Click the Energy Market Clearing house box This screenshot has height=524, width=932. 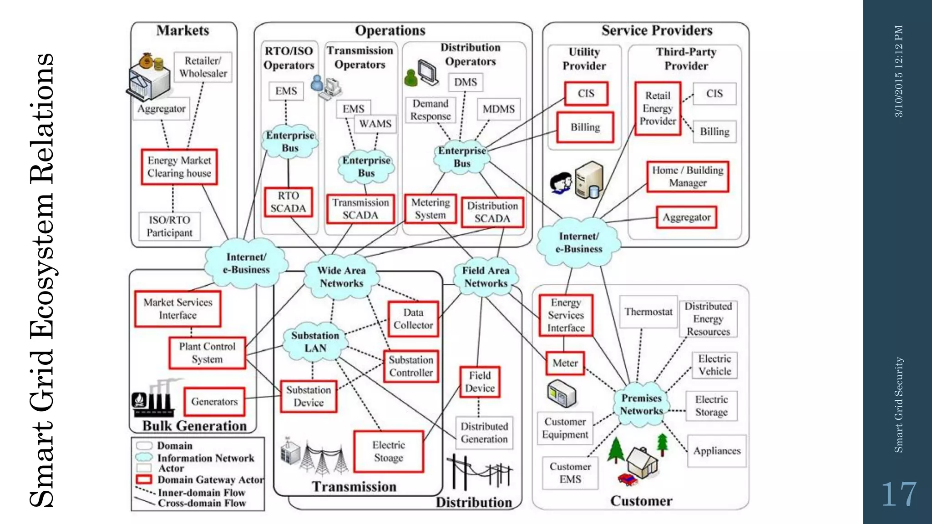pos(179,167)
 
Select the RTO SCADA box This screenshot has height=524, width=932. pos(288,202)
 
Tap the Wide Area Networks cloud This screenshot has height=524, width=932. pos(341,277)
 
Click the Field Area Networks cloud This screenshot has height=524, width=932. pos(486,277)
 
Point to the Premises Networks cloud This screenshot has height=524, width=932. pos(641,404)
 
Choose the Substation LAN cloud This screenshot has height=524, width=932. pos(315,342)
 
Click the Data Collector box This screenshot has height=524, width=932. pos(413,319)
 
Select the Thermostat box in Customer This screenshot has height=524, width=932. pos(648,312)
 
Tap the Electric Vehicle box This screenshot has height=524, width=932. pos(714,365)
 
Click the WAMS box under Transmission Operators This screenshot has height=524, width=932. pos(375,124)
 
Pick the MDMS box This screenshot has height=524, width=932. pos(498,109)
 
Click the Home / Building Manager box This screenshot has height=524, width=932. pos(687,176)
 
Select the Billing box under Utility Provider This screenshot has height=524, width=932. pos(585,127)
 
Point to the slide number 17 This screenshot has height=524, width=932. pos(898,494)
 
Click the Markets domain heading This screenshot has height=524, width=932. pos(182,30)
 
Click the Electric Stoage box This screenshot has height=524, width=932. pos(388,451)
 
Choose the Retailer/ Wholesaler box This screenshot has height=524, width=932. pos(203,67)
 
